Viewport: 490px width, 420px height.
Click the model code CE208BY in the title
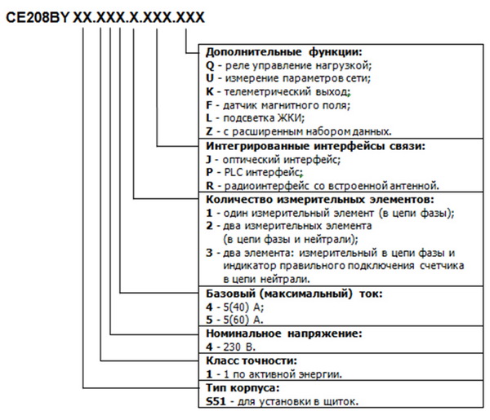[x=38, y=17]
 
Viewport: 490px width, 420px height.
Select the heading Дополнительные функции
[x=283, y=52]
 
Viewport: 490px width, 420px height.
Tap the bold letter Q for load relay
[x=211, y=65]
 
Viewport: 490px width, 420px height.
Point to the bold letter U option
[x=210, y=78]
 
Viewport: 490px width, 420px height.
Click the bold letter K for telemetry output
[x=209, y=91]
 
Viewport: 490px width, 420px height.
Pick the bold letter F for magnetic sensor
[x=209, y=105]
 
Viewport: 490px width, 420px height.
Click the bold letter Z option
[x=209, y=131]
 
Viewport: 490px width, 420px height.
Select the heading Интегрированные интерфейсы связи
[x=315, y=146]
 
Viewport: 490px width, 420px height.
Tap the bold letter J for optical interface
[x=208, y=160]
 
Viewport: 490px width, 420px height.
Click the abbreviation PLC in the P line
[x=234, y=172]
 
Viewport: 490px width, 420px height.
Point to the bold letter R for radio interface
[x=210, y=186]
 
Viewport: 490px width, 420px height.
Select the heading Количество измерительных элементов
[x=320, y=199]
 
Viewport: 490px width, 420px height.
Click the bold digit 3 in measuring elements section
[x=209, y=253]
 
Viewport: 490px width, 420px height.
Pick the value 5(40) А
[x=243, y=307]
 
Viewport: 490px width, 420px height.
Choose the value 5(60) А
[x=243, y=320]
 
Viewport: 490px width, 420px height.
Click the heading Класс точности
[x=252, y=360]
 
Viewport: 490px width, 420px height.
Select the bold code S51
[x=216, y=401]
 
